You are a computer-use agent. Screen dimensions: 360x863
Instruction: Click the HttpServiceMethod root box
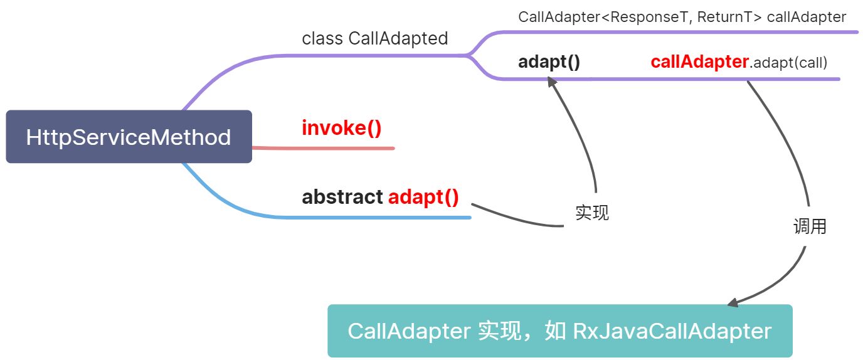point(129,137)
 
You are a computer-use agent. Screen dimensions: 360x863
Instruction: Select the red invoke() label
point(342,128)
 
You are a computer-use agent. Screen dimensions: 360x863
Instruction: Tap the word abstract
point(342,197)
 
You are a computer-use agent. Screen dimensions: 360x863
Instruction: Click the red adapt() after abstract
point(423,197)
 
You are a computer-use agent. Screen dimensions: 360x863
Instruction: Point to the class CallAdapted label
point(375,38)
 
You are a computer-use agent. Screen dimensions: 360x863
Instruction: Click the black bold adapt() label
point(549,62)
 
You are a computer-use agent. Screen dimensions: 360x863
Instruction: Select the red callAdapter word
point(699,62)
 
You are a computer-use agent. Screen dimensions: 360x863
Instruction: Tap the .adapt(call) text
point(788,63)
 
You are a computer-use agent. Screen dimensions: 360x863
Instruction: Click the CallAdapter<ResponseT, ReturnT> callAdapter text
point(682,17)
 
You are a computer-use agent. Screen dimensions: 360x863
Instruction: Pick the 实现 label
point(591,213)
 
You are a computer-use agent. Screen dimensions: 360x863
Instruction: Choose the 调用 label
point(810,226)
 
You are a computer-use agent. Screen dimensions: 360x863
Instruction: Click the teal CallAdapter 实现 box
point(559,331)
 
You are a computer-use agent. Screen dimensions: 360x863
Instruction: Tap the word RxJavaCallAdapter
point(672,331)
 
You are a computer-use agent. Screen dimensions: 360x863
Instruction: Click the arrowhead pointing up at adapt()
point(551,82)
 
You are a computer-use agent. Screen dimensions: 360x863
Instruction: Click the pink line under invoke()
point(323,148)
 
